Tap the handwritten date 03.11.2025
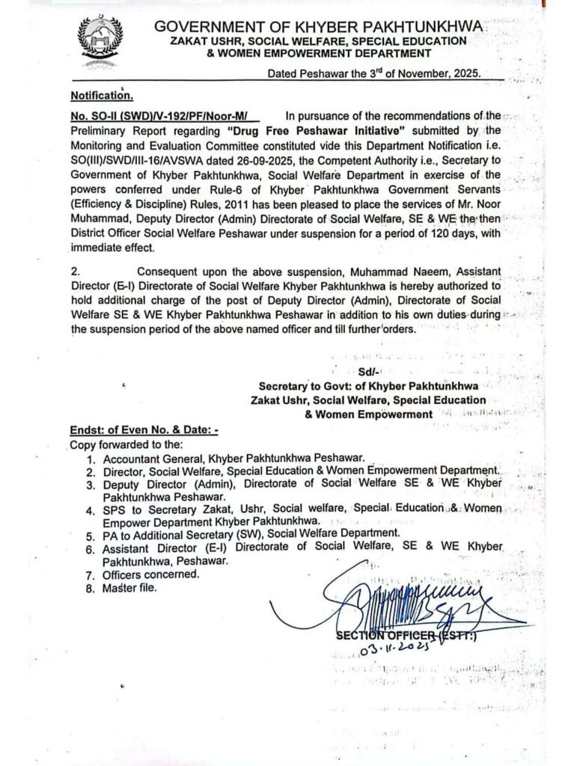396,649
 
